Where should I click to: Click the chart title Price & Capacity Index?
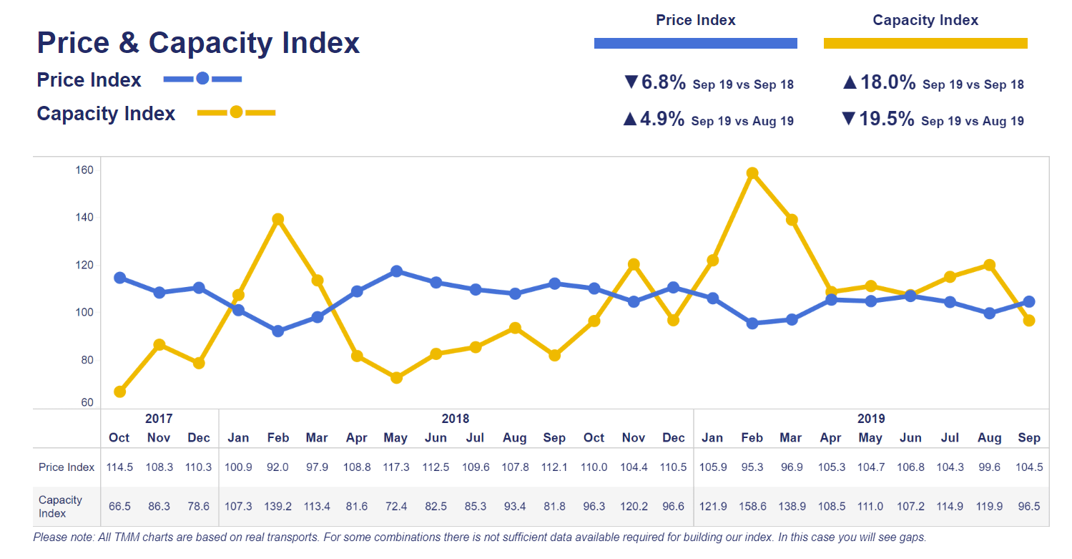coord(198,43)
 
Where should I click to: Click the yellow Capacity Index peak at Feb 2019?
coord(752,173)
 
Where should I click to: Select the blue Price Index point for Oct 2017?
coord(120,278)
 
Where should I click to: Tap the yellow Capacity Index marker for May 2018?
coord(396,377)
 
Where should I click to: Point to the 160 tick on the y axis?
coord(84,170)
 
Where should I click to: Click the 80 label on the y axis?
coord(87,360)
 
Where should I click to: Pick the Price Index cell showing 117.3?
coord(395,467)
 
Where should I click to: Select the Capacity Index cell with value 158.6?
coord(752,506)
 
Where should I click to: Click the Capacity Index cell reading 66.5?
coord(119,506)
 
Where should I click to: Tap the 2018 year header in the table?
coord(456,419)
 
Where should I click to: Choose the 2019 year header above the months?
coord(870,419)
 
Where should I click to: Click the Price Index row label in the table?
coord(67,467)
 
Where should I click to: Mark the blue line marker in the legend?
coord(202,79)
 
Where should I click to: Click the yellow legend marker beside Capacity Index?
coord(236,112)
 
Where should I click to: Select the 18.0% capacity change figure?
coord(887,82)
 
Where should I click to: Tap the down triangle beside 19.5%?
coord(849,119)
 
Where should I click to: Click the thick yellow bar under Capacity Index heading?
coord(925,44)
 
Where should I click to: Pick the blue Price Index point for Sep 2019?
coord(1028,301)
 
